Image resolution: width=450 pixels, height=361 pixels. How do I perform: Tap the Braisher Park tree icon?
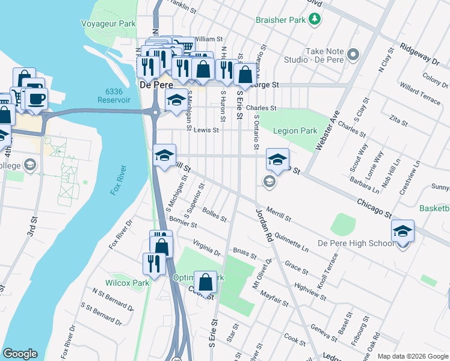coord(313,20)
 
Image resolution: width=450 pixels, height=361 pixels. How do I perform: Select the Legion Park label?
coord(295,131)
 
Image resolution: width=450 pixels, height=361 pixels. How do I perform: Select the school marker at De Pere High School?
coord(402,232)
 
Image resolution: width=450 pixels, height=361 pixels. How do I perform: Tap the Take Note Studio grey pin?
coord(353,55)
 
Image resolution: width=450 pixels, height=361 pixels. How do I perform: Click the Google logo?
coord(20,354)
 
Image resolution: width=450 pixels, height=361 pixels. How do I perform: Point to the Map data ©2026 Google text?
coord(412,356)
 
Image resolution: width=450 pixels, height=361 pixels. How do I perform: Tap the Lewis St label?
coord(206,129)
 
